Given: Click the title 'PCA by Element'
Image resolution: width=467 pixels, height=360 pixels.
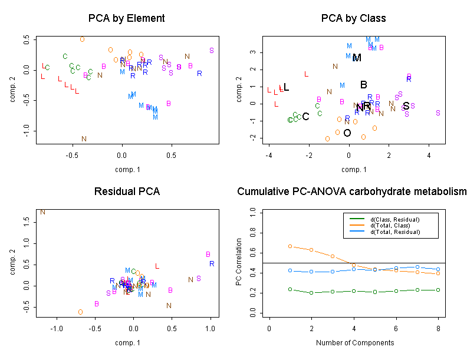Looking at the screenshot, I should coord(126,18).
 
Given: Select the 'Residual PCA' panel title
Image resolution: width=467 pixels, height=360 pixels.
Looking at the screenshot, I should coord(126,191).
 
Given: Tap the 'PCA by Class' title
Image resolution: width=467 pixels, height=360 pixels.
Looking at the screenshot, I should coord(353,18).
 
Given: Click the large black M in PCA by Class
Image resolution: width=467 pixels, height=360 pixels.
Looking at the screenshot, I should coord(357,58).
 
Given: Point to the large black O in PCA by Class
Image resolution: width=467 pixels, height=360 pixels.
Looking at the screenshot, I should coord(347,133).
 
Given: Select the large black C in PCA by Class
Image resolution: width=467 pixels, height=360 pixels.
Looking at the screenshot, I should coord(305,117).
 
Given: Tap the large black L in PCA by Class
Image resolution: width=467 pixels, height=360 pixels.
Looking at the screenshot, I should coord(286,88).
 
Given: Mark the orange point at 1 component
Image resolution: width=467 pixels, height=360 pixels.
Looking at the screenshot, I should coord(290,246).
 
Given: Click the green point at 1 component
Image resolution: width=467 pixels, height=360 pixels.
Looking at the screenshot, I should coord(290,289).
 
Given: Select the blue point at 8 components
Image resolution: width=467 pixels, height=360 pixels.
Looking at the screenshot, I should coord(437,269).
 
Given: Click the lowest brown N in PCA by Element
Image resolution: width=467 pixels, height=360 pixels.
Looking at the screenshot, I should coord(84,139).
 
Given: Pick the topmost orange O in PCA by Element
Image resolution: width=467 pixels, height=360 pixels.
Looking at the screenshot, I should coord(83,39).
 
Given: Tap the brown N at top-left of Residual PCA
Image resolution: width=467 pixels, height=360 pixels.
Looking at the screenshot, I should coord(42,212).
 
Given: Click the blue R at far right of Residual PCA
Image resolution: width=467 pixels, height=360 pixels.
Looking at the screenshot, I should coord(212,263).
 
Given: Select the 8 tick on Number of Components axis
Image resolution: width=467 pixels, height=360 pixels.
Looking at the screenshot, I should coord(437,328).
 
